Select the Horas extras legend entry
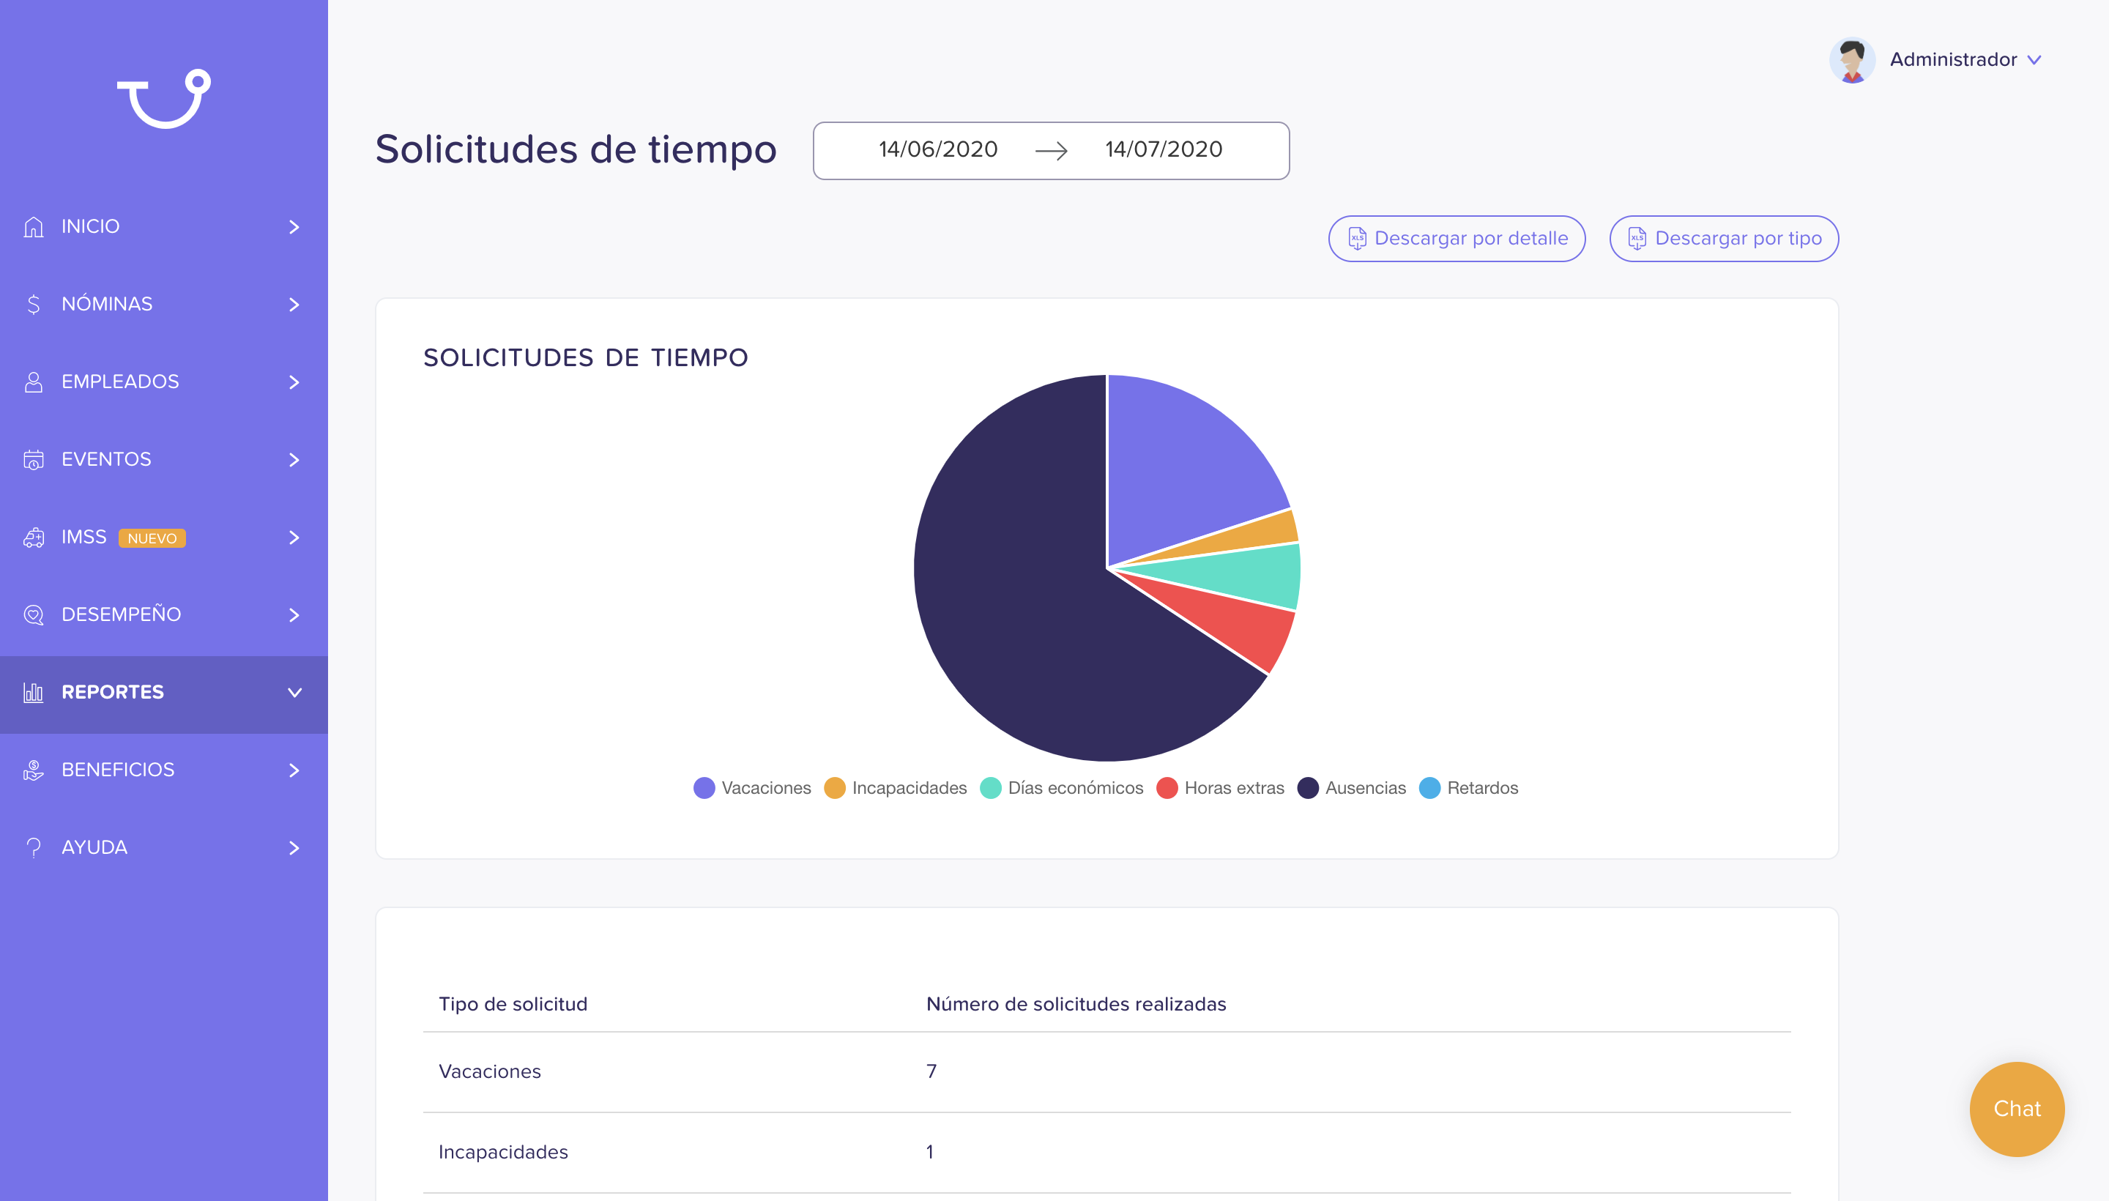(x=1220, y=788)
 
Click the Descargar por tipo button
(x=1724, y=239)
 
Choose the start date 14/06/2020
(x=938, y=149)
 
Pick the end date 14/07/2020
(x=1164, y=149)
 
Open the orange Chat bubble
(x=2017, y=1109)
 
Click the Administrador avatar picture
(x=1852, y=60)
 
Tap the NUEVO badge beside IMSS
(x=152, y=538)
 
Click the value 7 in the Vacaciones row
(x=931, y=1071)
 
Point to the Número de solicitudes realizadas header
(x=1076, y=1004)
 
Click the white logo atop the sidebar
(x=164, y=98)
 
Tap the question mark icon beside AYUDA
(x=33, y=847)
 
